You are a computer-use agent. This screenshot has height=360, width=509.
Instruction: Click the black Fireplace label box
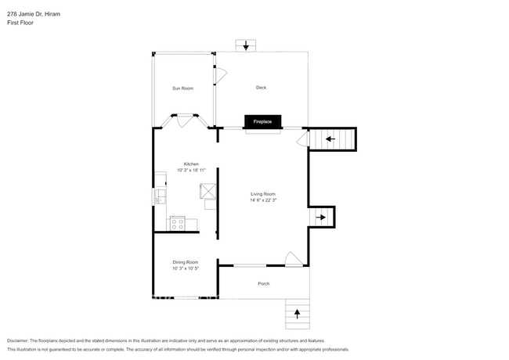coord(262,122)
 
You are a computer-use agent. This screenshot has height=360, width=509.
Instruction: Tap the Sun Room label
coord(182,88)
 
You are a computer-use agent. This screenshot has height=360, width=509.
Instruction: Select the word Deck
coord(261,88)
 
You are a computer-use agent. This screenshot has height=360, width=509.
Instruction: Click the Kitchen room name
coord(191,164)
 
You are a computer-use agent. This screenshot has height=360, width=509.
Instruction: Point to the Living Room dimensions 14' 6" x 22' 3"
coord(262,200)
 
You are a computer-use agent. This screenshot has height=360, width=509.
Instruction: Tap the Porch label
coord(263,283)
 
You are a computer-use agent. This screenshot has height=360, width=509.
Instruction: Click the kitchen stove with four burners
coord(178,224)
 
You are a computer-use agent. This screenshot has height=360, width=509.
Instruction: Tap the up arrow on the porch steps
coord(297,314)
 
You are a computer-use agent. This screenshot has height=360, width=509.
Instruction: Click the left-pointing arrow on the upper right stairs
coord(330,140)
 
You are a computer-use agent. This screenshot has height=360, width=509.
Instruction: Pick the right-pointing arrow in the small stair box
coord(321,218)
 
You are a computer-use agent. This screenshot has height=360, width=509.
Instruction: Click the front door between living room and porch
coord(293,260)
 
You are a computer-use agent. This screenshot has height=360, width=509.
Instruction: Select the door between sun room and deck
coord(220,76)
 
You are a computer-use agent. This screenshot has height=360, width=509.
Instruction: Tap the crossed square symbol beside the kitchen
coord(209,192)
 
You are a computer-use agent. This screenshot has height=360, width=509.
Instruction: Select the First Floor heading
coord(20,23)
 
